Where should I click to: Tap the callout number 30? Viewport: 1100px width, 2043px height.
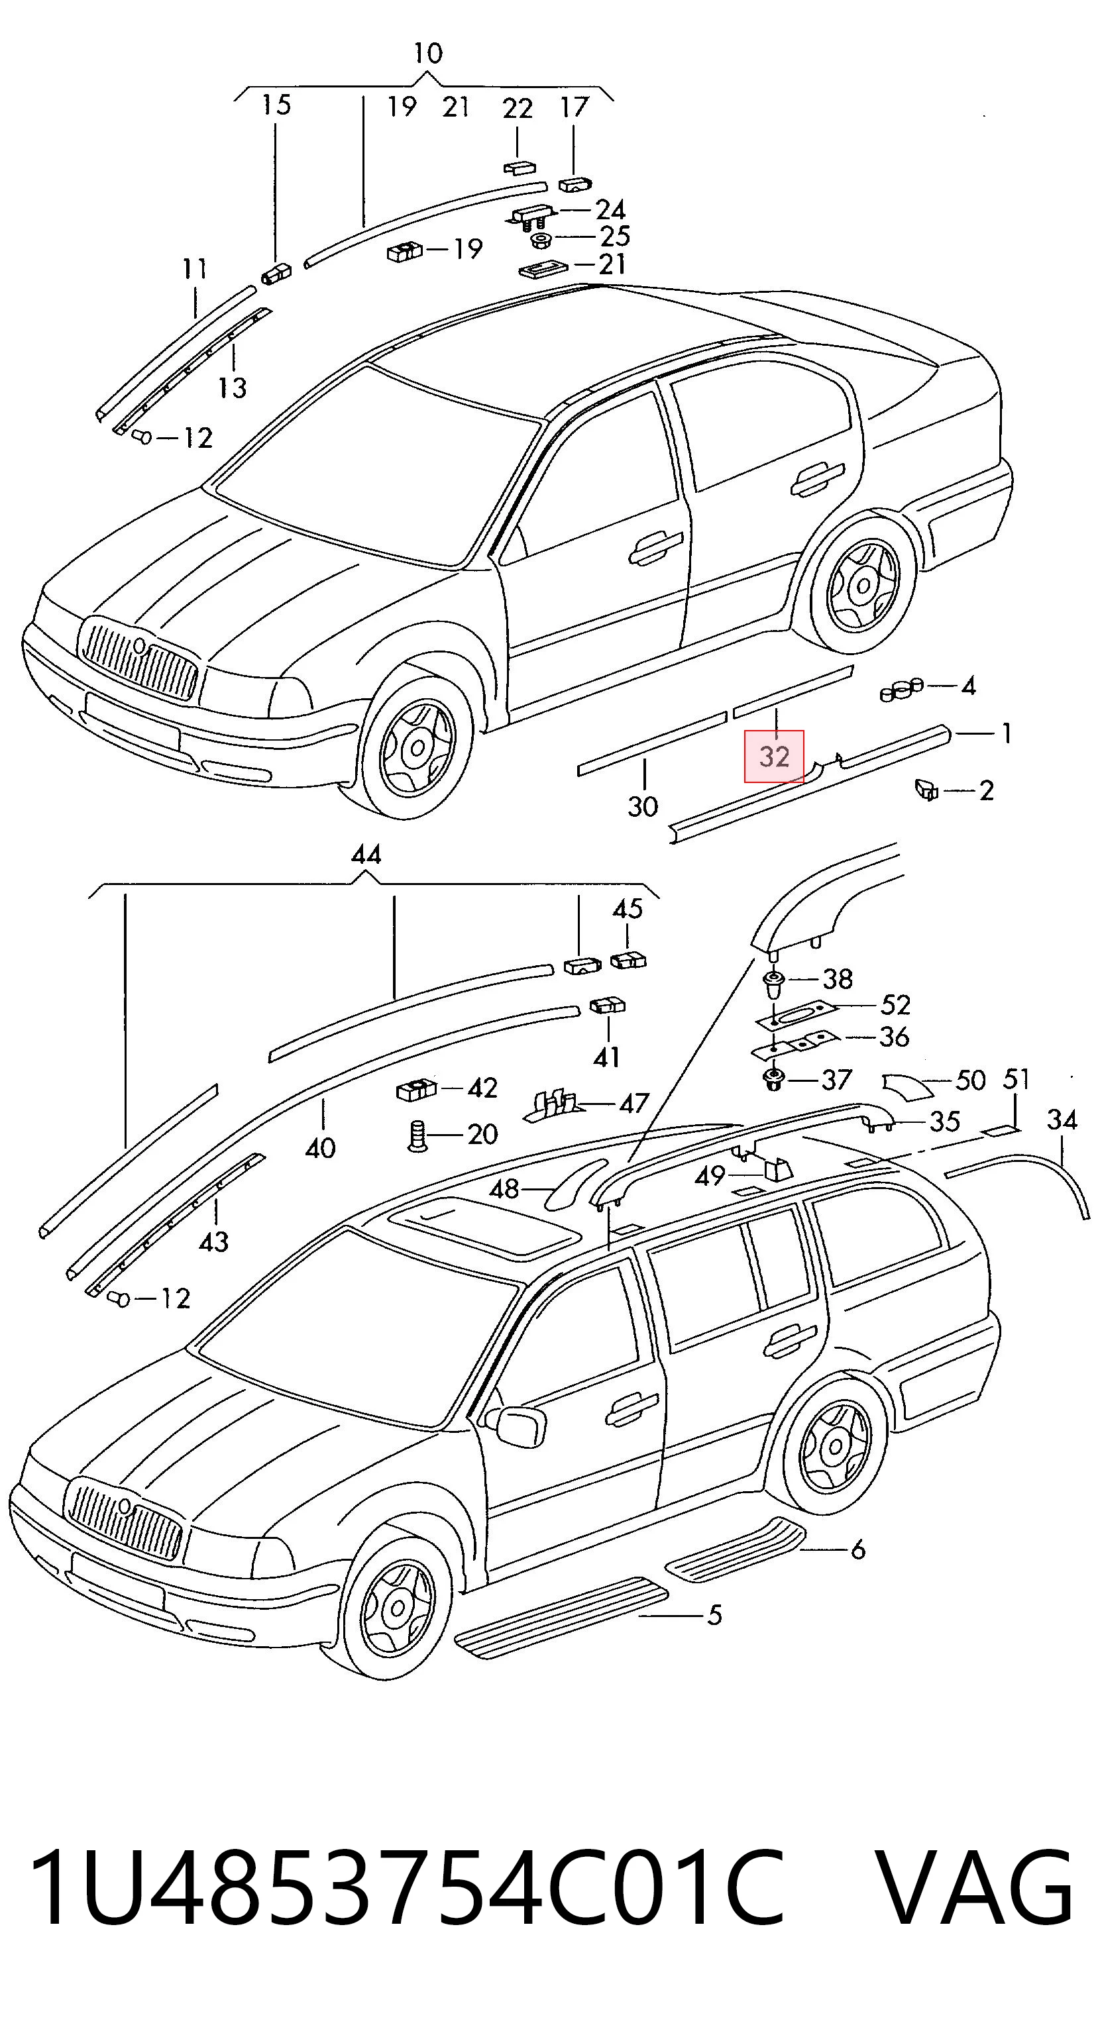pos(643,807)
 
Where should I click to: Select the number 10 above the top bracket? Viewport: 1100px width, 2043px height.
pos(427,53)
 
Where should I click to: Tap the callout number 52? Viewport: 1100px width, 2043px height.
pos(895,1005)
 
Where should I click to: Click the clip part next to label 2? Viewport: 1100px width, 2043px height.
pos(926,789)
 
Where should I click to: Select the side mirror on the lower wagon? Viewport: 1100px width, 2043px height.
pos(517,1423)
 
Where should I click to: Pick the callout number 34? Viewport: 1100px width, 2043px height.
pos(1062,1119)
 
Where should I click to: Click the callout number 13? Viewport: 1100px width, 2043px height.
pos(233,387)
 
